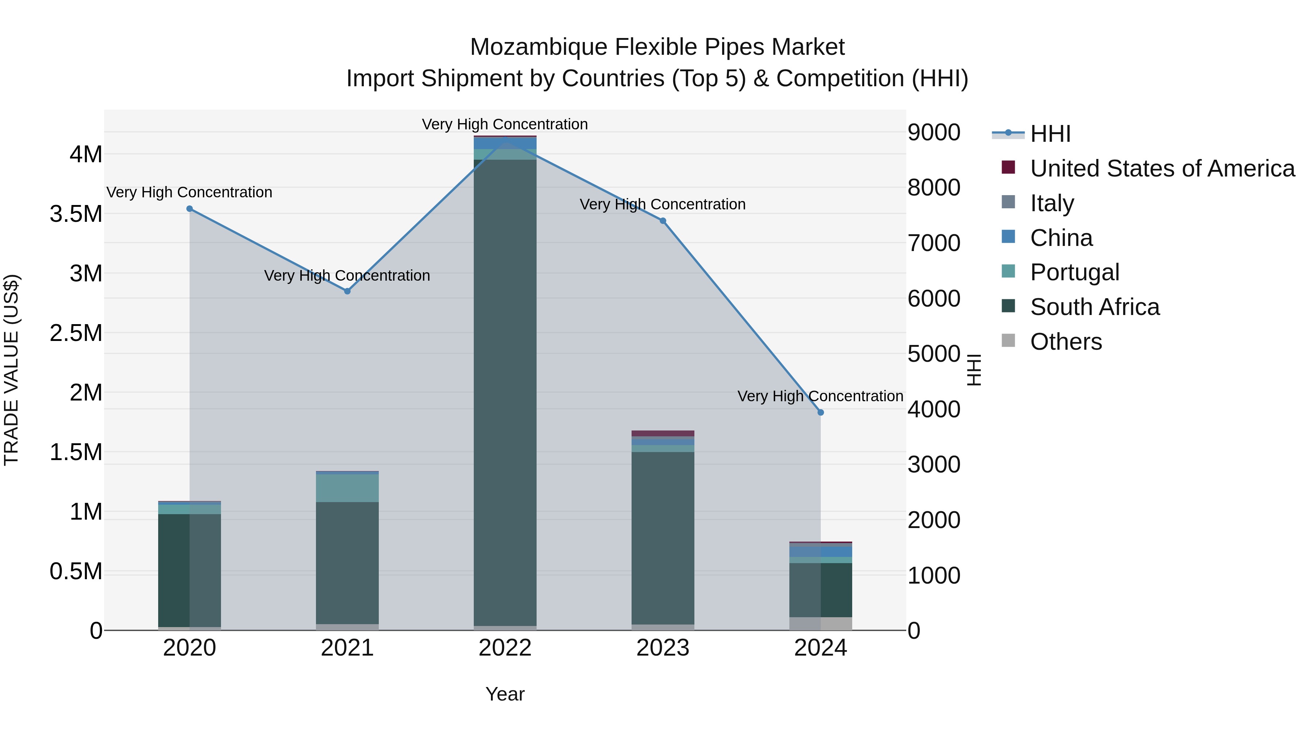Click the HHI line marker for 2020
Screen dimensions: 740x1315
189,208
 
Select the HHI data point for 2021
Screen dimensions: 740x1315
347,291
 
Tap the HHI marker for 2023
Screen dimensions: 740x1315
663,221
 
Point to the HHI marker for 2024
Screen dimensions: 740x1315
820,412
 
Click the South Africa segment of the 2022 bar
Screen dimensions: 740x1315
505,393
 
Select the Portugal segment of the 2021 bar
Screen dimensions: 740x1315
347,488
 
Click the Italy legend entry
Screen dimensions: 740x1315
1052,203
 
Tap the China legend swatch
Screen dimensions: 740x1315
1008,237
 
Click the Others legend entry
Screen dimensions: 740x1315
1066,342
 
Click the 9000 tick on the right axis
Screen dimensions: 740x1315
934,132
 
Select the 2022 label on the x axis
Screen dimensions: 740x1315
505,648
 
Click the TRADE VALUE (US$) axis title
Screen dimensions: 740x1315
11,370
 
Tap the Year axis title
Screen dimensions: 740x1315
505,694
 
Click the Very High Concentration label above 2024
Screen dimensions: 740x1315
820,396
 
